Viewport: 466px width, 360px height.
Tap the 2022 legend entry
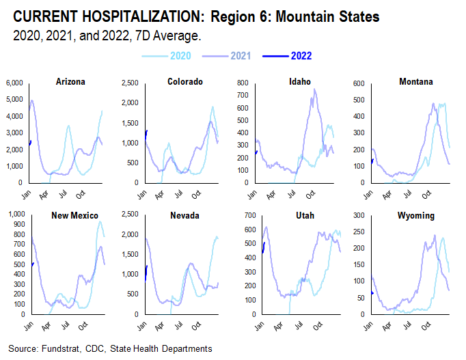click(301, 56)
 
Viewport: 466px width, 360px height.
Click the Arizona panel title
click(70, 82)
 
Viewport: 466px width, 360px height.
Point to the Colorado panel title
click(184, 82)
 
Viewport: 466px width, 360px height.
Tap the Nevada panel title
click(184, 215)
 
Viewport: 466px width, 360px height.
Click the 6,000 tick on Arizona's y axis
click(14, 83)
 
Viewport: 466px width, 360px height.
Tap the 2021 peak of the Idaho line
click(315, 89)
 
